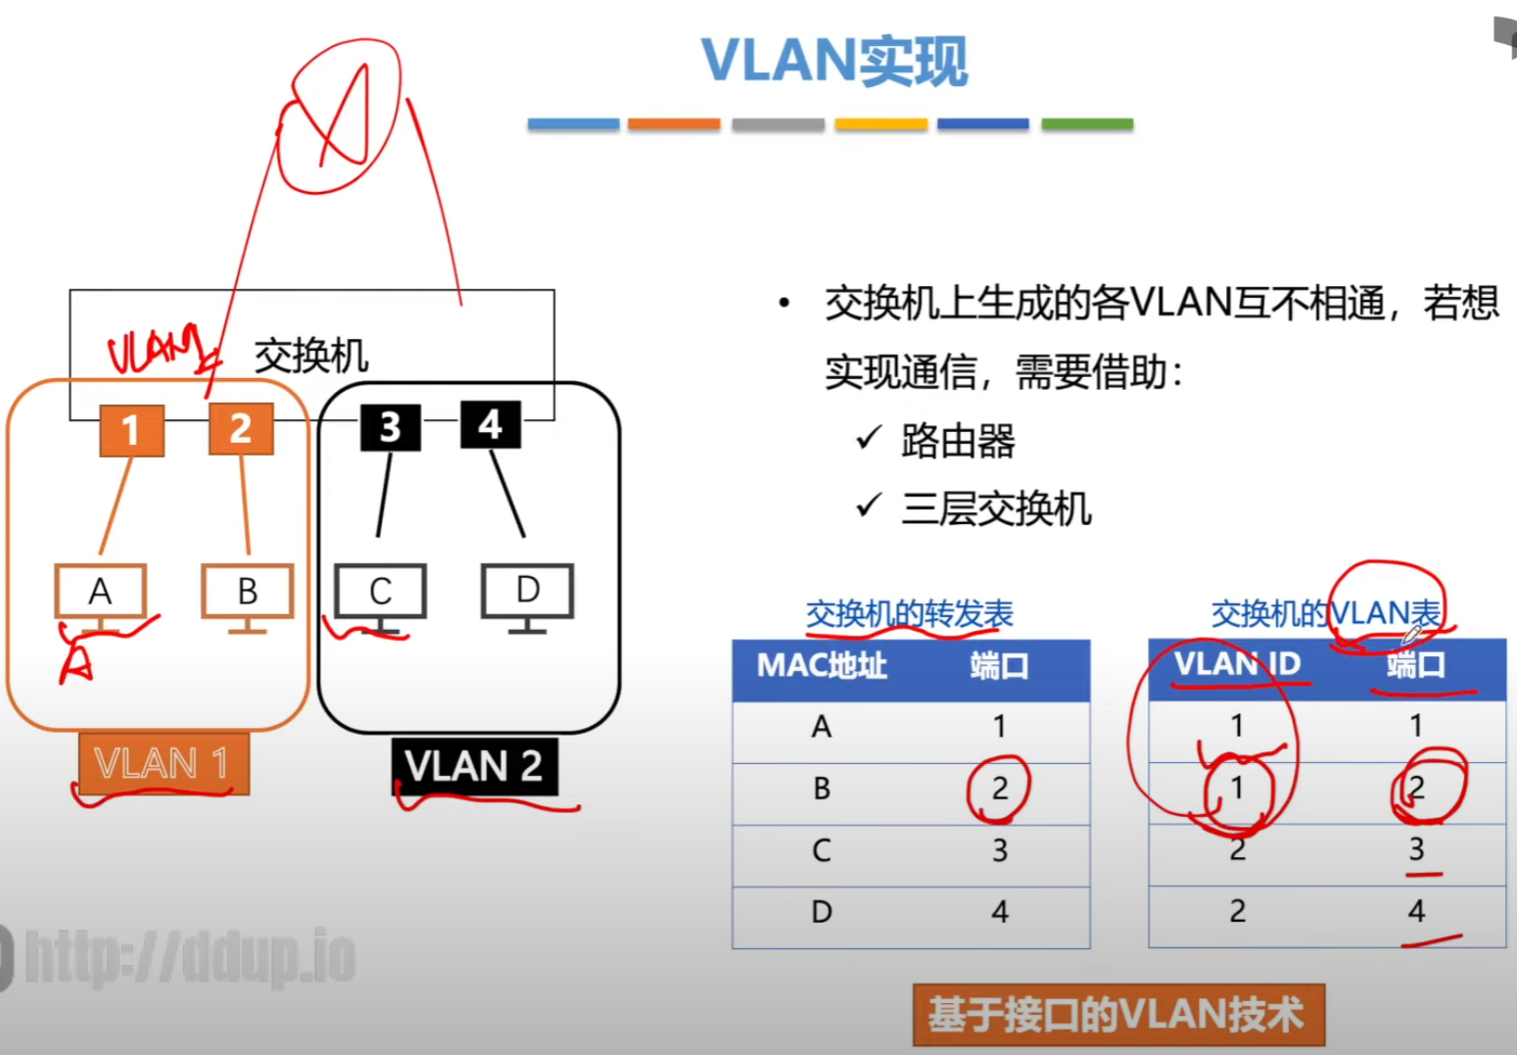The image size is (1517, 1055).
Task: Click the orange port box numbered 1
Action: pos(131,430)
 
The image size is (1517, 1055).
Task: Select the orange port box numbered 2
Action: pos(240,429)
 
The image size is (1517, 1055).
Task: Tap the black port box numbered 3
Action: pos(390,427)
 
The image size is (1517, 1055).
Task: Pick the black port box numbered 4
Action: pos(490,425)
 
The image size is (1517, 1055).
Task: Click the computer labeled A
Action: pos(100,593)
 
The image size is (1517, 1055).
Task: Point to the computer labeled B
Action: pos(247,593)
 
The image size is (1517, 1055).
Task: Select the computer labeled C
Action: pos(380,593)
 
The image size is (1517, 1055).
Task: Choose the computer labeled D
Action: pos(527,592)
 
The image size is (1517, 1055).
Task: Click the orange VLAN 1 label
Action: pos(164,763)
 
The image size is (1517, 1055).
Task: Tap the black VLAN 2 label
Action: pos(474,766)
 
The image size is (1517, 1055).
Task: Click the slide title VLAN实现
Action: pos(834,61)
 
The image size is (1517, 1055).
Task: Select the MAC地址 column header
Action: pos(822,666)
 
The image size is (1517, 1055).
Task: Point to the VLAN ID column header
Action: pos(1237,664)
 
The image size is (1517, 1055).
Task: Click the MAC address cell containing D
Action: pos(822,912)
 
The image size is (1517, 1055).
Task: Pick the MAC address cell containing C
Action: pos(822,850)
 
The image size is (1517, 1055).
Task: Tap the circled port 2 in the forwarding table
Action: pos(999,789)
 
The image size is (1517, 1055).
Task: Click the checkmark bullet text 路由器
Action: pos(958,441)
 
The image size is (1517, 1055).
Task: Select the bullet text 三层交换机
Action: pos(996,509)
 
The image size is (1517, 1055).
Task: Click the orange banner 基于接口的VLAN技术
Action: pos(1117,1015)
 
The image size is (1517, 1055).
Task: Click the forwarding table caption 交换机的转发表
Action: pos(909,614)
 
